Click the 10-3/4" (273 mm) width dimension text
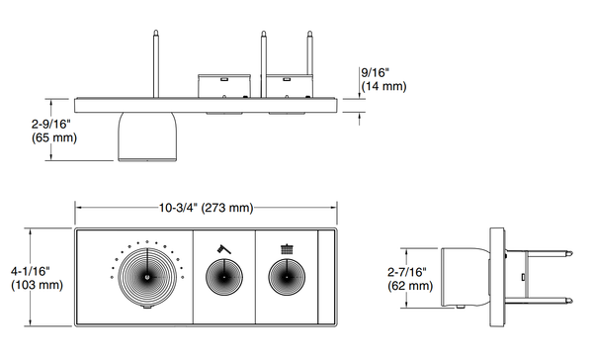(206, 208)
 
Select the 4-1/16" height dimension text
(31, 271)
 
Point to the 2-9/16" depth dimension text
(51, 124)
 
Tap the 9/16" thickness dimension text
(376, 72)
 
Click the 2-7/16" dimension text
(407, 272)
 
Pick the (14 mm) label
(383, 86)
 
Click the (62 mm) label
(410, 286)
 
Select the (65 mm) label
(54, 137)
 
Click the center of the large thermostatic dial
(147, 277)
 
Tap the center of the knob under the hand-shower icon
(224, 277)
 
